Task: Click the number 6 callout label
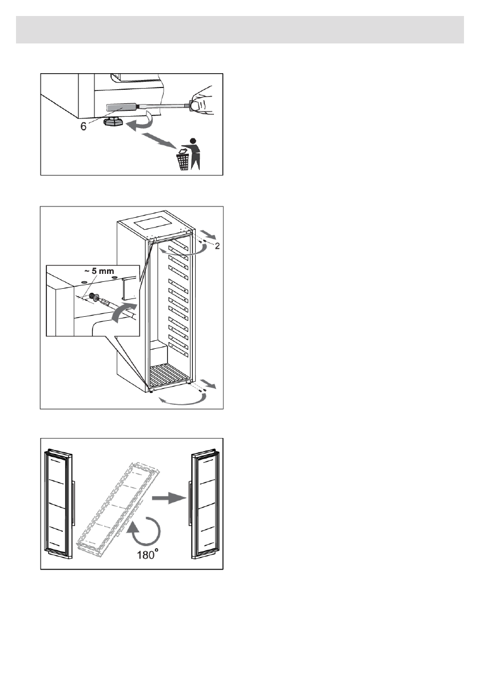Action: click(x=84, y=127)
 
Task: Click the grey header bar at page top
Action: click(x=240, y=30)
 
